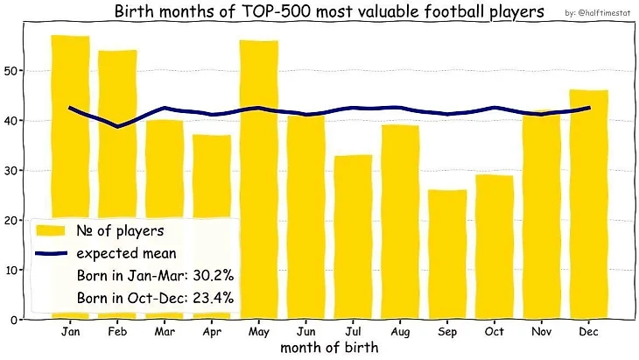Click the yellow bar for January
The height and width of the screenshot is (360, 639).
[70, 131]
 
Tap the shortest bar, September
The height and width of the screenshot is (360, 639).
[447, 254]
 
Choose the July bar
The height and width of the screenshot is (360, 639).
[353, 236]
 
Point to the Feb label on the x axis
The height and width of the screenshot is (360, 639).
[117, 333]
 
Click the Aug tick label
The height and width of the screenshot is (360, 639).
[400, 333]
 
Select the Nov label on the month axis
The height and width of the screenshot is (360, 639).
[542, 333]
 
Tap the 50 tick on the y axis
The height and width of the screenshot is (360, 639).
[11, 70]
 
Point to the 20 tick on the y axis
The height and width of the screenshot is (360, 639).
[11, 220]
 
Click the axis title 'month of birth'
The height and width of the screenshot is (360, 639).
[329, 348]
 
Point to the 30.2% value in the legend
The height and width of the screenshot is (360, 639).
[210, 276]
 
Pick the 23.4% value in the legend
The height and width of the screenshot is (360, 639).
[211, 298]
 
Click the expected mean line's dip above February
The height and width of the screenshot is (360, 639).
[117, 126]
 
